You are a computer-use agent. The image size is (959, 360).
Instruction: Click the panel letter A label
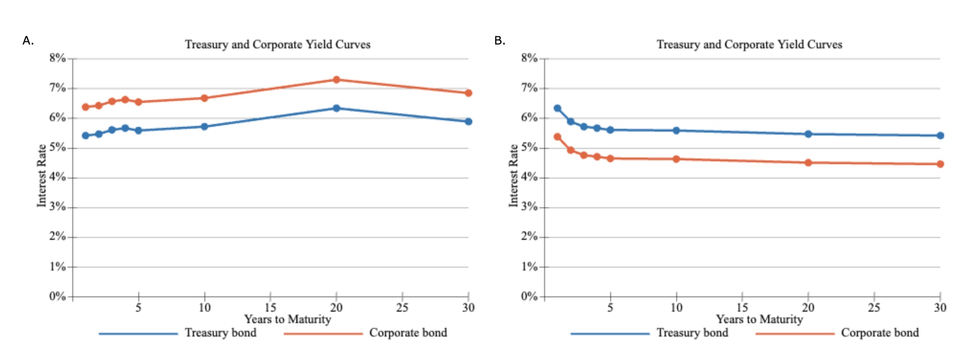click(x=28, y=41)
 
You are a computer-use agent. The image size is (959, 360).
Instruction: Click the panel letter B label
click(x=500, y=41)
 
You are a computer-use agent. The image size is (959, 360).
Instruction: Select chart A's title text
click(x=278, y=45)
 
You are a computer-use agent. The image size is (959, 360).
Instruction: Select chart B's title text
click(x=749, y=45)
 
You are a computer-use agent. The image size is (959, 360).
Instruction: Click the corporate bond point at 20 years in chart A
click(x=336, y=79)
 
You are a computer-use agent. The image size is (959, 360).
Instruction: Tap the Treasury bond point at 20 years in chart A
click(x=336, y=108)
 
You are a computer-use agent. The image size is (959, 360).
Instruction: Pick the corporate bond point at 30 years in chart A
click(x=468, y=93)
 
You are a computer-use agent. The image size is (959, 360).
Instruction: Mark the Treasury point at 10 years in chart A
click(x=204, y=126)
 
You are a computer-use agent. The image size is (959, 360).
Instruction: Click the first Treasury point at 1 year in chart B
click(x=558, y=108)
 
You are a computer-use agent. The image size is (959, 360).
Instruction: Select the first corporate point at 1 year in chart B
click(x=558, y=137)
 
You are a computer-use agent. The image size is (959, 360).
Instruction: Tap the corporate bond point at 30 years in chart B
click(x=940, y=164)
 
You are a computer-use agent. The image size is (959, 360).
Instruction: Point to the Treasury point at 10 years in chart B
click(x=676, y=130)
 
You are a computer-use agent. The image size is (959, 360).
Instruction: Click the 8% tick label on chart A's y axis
click(x=57, y=58)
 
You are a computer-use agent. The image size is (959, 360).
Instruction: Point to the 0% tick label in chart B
click(x=529, y=296)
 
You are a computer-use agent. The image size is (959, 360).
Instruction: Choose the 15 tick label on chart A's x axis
click(x=270, y=307)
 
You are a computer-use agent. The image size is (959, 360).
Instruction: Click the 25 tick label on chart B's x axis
click(x=874, y=307)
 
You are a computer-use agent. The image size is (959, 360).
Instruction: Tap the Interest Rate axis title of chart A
click(x=42, y=176)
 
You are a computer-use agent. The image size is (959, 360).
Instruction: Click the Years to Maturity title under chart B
click(x=759, y=319)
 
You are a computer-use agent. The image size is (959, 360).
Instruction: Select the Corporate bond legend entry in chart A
click(x=408, y=333)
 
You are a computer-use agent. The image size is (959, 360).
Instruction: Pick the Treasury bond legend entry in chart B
click(x=692, y=333)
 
